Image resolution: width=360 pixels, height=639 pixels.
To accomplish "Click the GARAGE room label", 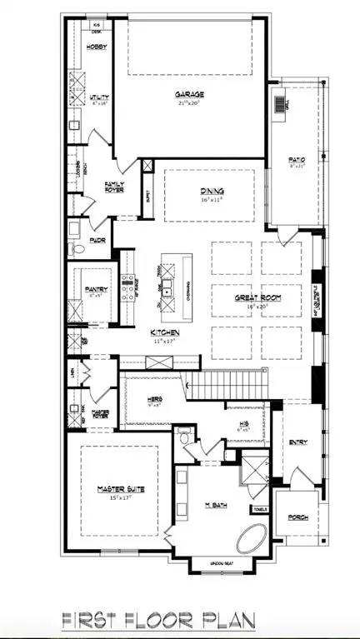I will click(x=189, y=94).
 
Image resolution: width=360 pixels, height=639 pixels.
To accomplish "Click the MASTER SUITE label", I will click(x=120, y=490).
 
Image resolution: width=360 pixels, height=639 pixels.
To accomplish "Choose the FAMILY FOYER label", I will click(x=114, y=187).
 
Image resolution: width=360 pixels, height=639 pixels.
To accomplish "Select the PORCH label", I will click(x=297, y=517).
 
